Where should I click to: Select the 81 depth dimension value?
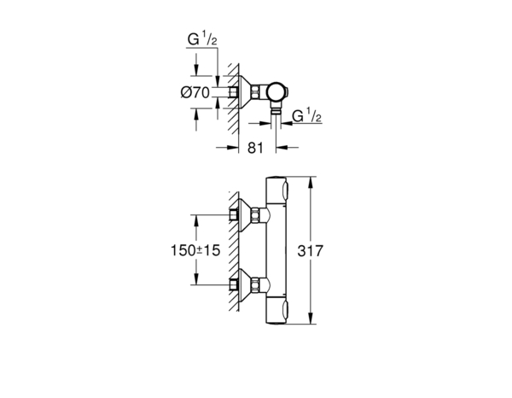coord(253,147)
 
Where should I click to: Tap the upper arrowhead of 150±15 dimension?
coord(197,218)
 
